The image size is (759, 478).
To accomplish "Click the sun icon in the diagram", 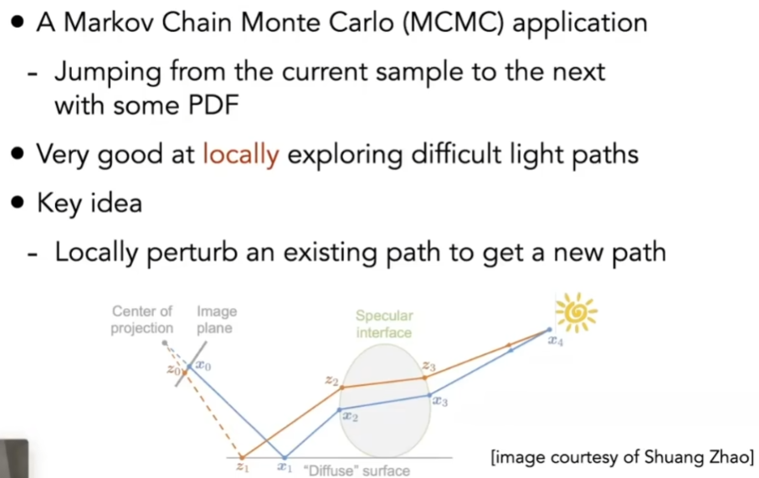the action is tap(576, 312).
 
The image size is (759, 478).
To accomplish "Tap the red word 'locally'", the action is tap(240, 155).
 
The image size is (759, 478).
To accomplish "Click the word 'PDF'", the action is tap(214, 105).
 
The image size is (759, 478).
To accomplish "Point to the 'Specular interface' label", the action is tap(384, 324).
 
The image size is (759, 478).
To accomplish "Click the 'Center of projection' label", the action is tap(141, 319).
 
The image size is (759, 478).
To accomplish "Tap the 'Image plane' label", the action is tap(217, 319).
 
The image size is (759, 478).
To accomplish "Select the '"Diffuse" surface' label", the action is tap(356, 470).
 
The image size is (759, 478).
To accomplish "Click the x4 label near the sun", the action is tap(556, 341).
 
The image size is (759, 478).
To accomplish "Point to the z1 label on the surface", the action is tap(243, 467).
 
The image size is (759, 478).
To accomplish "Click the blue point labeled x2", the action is tap(339, 409).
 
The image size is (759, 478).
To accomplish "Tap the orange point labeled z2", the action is tap(341, 388).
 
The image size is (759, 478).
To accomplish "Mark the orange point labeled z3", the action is tap(425, 377).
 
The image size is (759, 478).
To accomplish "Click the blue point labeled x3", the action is tap(430, 395).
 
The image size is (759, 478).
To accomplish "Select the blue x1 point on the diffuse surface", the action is tap(285, 457).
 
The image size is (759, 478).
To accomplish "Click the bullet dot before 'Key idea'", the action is tap(18, 203).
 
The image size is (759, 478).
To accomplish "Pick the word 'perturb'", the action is tap(192, 253).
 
